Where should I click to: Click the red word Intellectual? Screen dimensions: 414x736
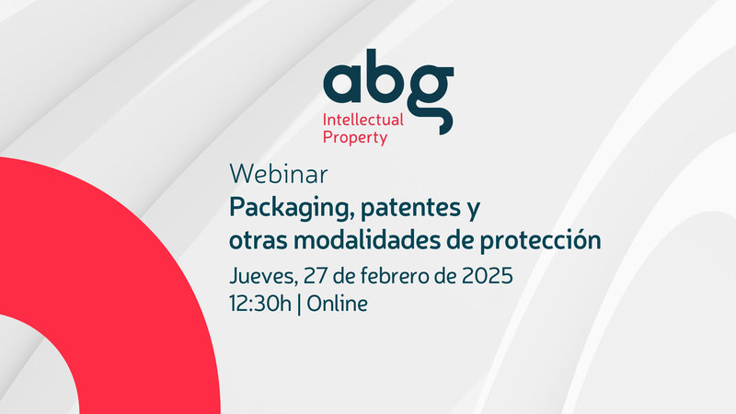362,120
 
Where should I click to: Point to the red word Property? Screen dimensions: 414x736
354,138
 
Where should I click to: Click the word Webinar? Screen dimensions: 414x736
279,174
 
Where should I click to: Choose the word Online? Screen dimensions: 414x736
337,304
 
